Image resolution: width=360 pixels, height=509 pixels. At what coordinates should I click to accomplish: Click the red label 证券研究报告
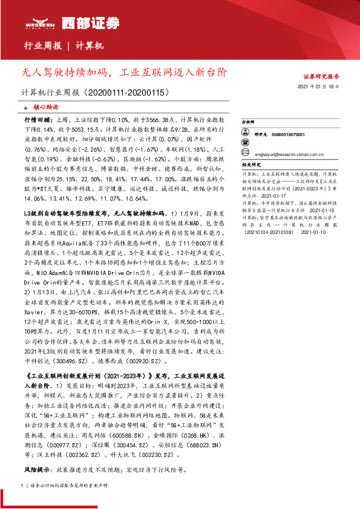pyautogui.click(x=320, y=77)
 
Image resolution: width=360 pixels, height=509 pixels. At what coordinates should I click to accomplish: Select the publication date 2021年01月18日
pyautogui.click(x=321, y=88)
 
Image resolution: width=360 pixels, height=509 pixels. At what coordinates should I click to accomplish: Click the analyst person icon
pyautogui.click(x=246, y=134)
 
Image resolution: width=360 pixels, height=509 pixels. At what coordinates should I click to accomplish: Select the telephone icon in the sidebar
pyautogui.click(x=246, y=143)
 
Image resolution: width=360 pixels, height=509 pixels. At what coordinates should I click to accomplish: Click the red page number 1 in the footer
pyautogui.click(x=22, y=485)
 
